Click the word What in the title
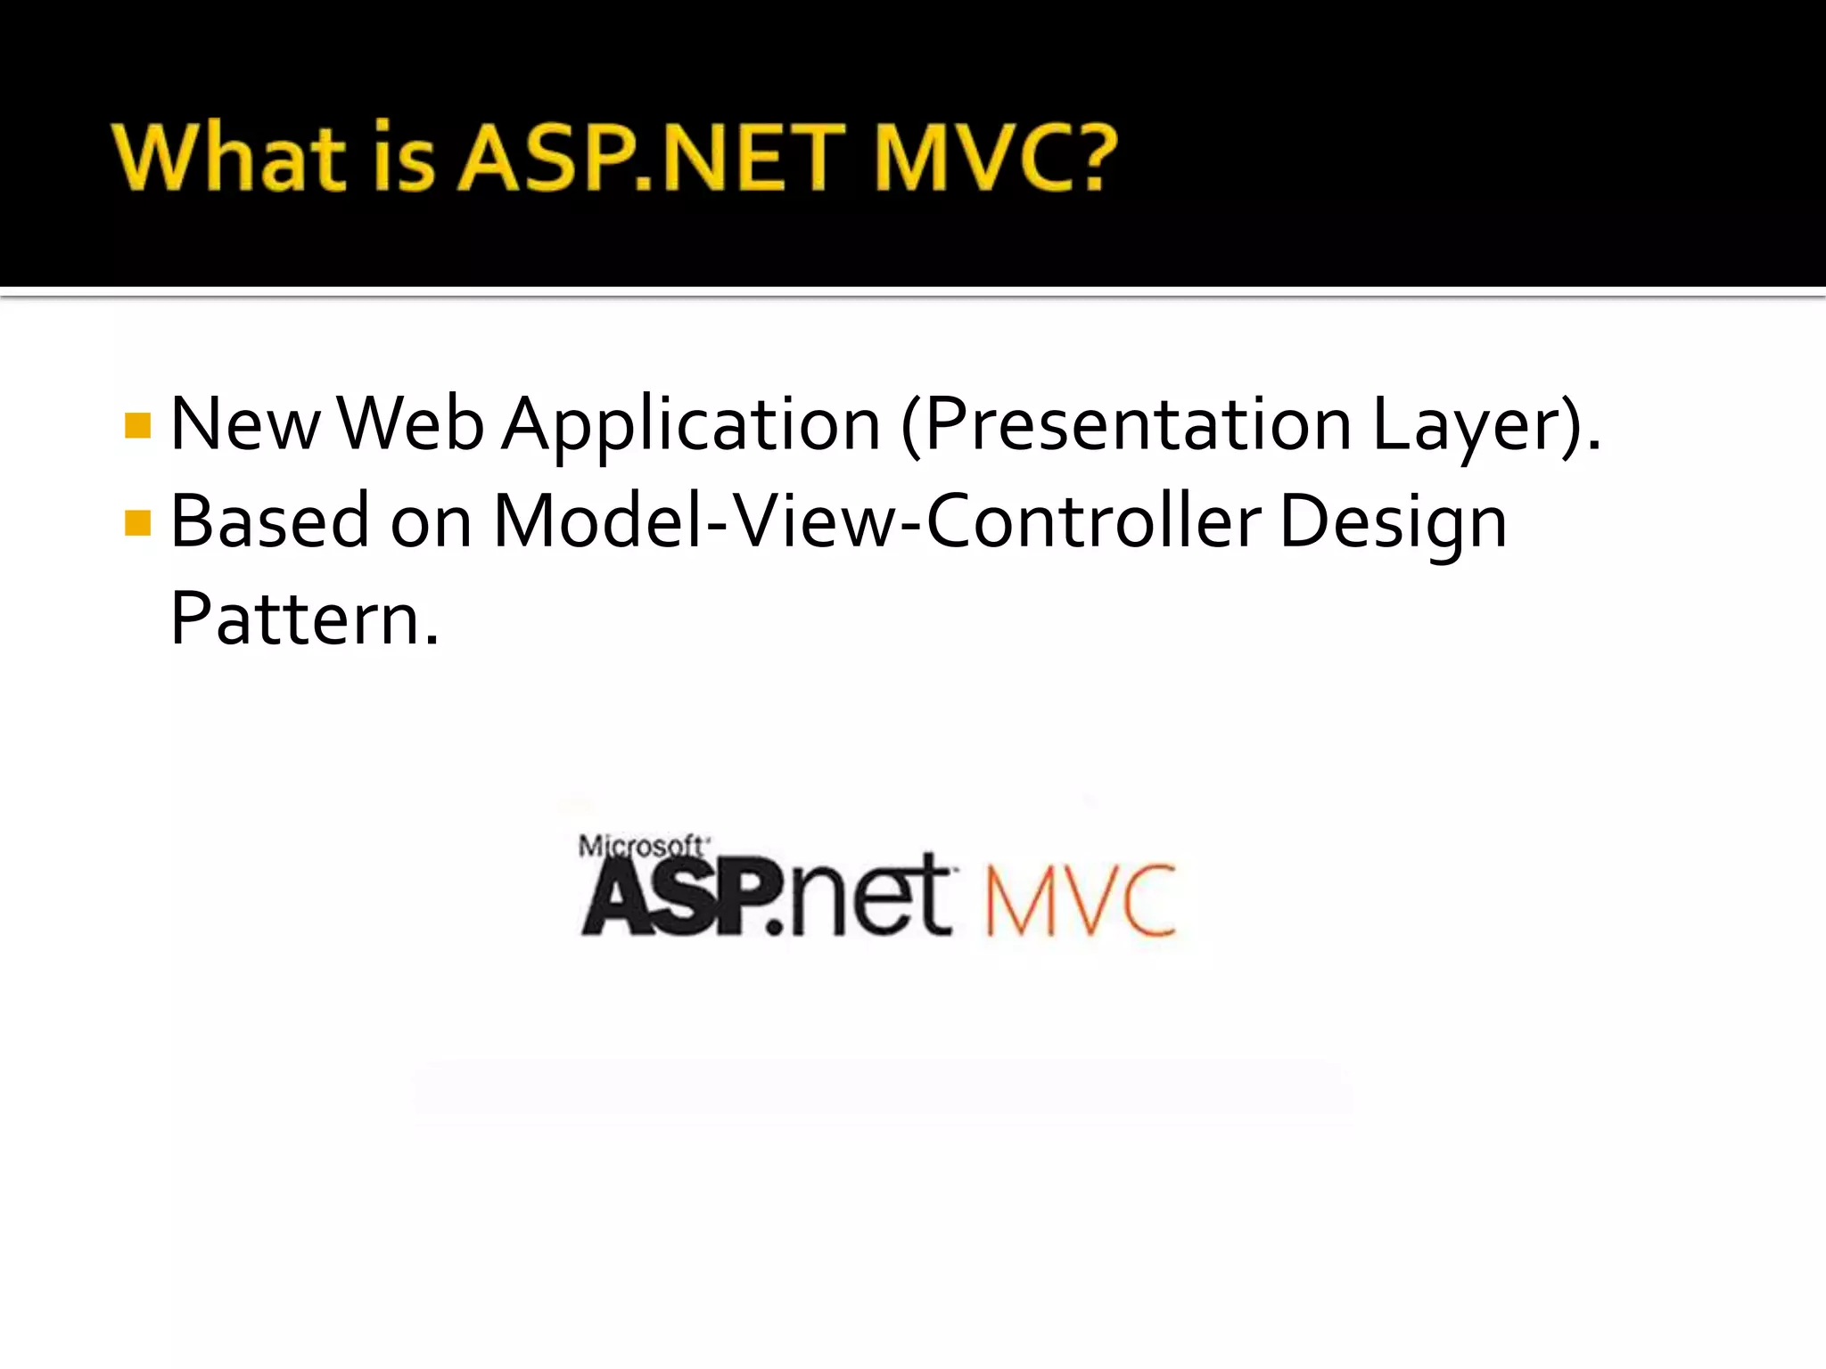(228, 158)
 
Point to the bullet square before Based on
(138, 522)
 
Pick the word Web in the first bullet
(411, 424)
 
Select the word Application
(691, 426)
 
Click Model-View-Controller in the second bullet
(877, 521)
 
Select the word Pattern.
(304, 619)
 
